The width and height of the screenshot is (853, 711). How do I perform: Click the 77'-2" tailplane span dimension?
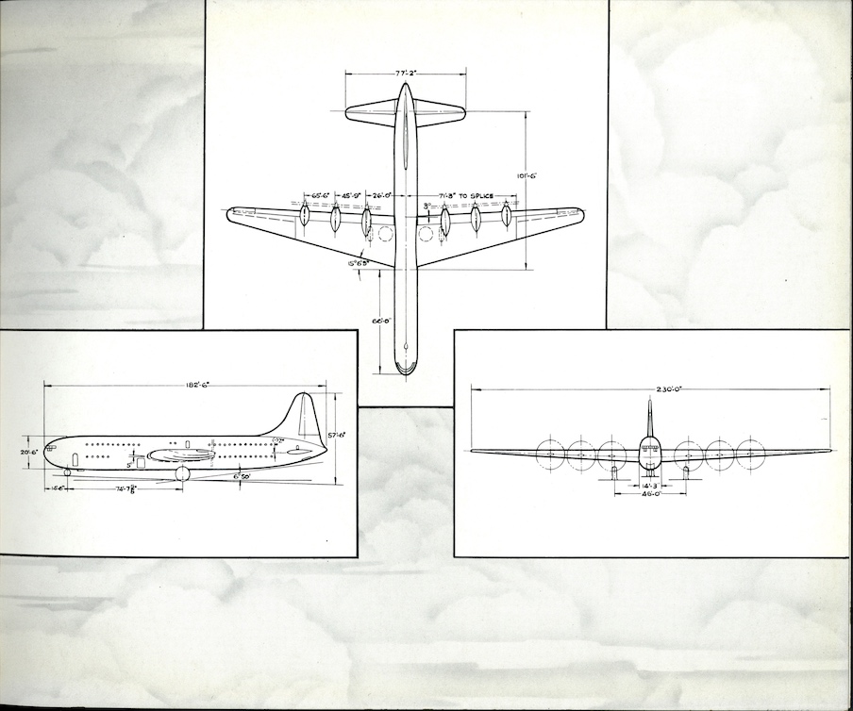[x=405, y=72]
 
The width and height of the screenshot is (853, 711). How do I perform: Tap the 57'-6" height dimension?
[x=337, y=435]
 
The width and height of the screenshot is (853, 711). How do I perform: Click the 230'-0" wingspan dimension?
[x=651, y=389]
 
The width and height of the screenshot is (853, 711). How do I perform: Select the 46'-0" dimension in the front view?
[x=649, y=493]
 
